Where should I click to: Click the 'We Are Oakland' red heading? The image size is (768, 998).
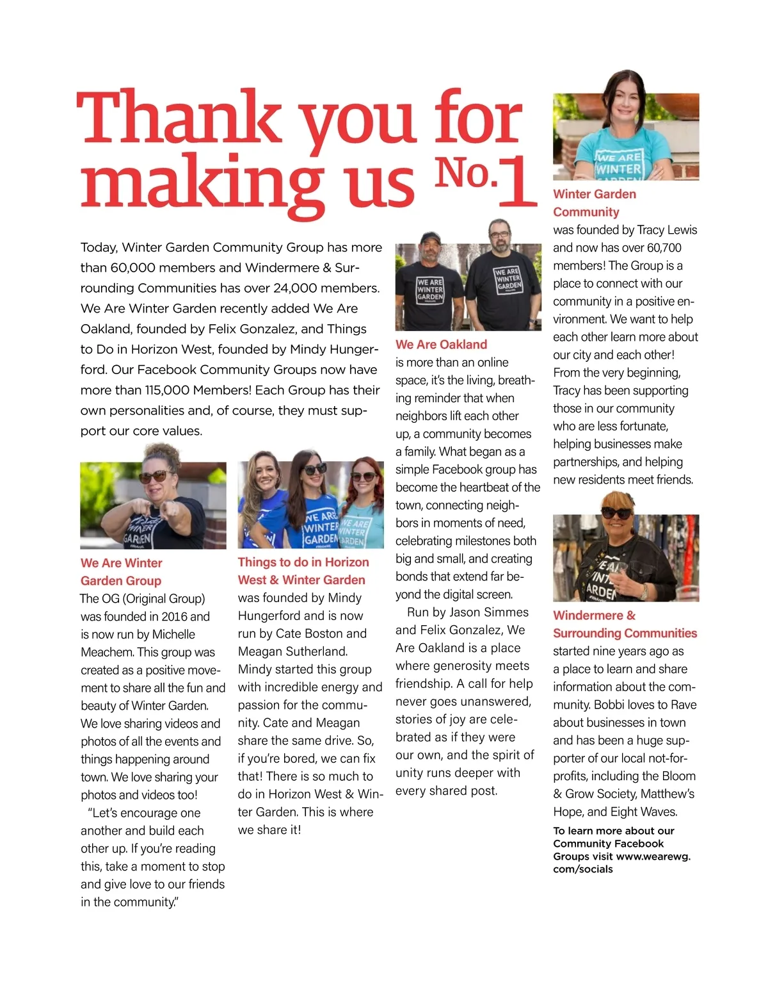(x=441, y=345)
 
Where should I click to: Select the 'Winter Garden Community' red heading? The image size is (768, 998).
(x=595, y=202)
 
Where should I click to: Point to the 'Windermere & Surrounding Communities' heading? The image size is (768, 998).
(x=624, y=624)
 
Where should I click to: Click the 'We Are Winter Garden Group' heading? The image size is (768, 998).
(x=121, y=571)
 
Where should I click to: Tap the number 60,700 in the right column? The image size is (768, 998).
(x=664, y=248)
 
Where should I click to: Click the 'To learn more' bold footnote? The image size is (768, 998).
(x=621, y=849)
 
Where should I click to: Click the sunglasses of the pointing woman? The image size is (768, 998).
(x=156, y=476)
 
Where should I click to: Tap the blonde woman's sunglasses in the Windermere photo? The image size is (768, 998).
(x=616, y=513)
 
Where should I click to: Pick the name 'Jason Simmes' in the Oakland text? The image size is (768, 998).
(x=492, y=612)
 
